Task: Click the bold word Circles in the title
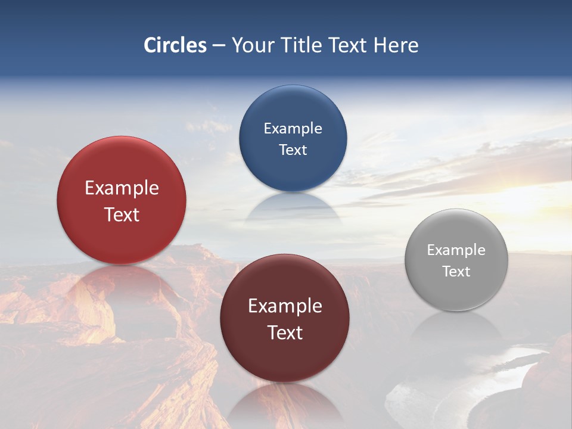(x=175, y=45)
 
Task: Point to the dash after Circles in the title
(x=219, y=46)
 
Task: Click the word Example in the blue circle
(x=293, y=128)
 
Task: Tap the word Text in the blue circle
(x=293, y=150)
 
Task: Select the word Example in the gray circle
(x=456, y=250)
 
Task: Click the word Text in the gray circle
(x=456, y=272)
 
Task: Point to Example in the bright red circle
(x=122, y=188)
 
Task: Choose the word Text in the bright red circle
(x=122, y=214)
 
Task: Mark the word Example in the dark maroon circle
(x=285, y=306)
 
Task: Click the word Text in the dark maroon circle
(x=285, y=332)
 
